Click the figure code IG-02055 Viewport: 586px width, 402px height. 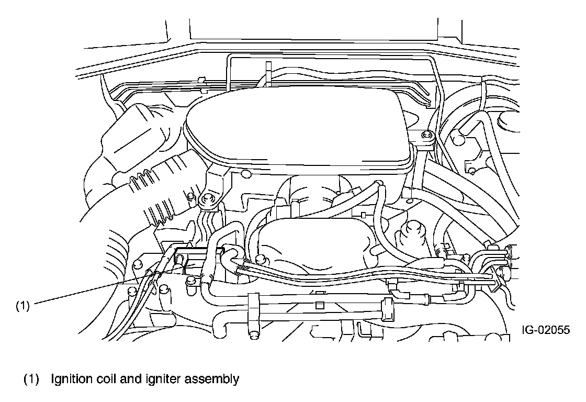(545, 330)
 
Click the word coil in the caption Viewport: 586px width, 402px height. (102, 379)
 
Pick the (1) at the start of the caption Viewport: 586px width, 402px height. (31, 379)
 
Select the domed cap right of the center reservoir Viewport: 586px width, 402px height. (411, 230)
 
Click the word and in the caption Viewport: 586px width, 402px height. (127, 379)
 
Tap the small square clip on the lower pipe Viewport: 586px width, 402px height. (320, 304)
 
